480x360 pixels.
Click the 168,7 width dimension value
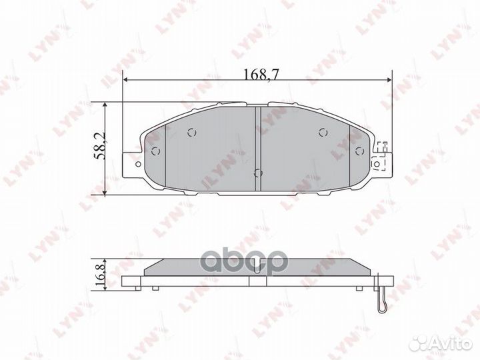[x=261, y=74]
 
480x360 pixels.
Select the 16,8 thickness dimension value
[x=100, y=274]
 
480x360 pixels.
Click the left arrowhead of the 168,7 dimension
[x=125, y=80]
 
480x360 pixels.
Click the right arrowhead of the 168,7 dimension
[x=389, y=80]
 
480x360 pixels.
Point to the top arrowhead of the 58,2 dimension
[x=105, y=105]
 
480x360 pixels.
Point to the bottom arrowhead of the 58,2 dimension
[x=105, y=193]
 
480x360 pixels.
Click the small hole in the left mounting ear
[x=138, y=165]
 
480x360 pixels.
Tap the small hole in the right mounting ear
[x=377, y=165]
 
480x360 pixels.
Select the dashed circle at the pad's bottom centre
[x=259, y=173]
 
